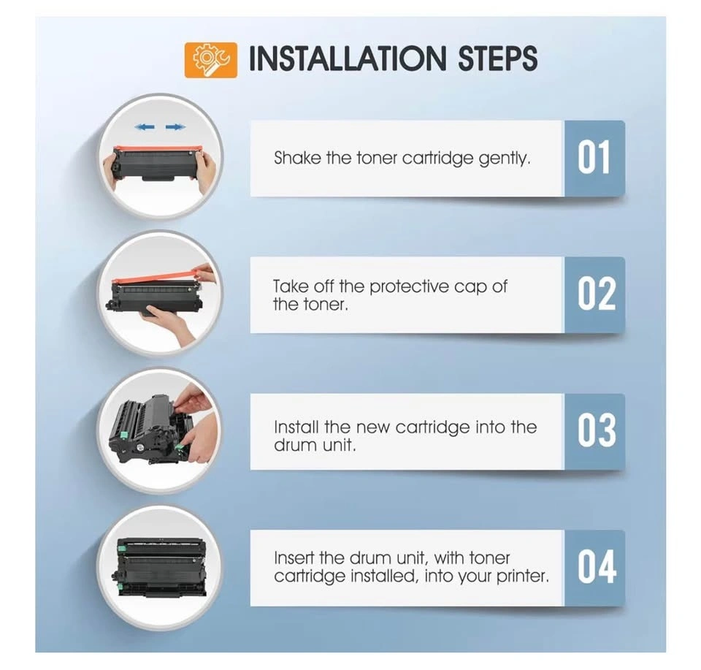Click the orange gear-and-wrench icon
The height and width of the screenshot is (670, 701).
coord(210,60)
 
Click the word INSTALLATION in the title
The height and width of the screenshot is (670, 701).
coord(348,58)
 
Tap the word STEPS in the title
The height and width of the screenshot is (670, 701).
coord(498,58)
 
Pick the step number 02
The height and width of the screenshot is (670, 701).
coord(597,294)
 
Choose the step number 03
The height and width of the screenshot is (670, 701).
coord(597,430)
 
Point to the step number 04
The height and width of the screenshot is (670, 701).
coord(597,567)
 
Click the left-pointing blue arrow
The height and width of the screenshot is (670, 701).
coord(145,127)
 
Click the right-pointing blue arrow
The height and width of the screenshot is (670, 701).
coord(175,127)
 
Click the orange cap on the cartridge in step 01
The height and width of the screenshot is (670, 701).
coord(158,149)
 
